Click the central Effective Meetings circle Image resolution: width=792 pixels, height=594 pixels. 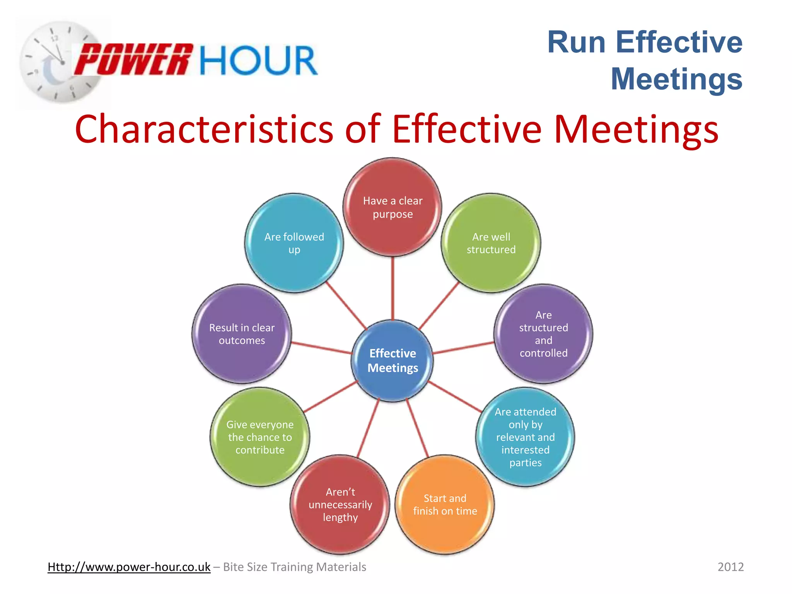click(393, 360)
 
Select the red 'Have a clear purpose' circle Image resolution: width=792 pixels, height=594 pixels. click(393, 207)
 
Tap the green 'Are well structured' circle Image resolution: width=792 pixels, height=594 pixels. click(491, 243)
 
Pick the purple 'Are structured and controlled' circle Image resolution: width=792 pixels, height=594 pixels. click(543, 333)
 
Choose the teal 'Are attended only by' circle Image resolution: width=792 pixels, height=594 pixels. click(525, 437)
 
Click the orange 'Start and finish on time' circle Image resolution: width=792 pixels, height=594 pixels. click(445, 504)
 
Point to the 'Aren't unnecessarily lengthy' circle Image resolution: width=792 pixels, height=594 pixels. click(340, 504)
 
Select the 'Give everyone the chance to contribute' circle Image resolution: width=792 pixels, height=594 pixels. click(260, 437)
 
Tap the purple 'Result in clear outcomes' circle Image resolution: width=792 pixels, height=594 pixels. click(242, 333)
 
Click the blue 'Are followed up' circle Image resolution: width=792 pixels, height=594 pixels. click(294, 243)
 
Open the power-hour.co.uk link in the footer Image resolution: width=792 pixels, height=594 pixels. click(129, 567)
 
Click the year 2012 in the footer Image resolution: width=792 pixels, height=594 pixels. click(731, 567)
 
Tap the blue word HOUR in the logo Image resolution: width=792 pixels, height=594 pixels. click(258, 60)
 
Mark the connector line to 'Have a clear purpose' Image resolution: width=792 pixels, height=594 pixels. click(393, 288)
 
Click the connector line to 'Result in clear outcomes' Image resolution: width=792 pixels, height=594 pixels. click(321, 348)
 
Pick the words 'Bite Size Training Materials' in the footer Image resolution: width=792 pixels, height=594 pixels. click(294, 567)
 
